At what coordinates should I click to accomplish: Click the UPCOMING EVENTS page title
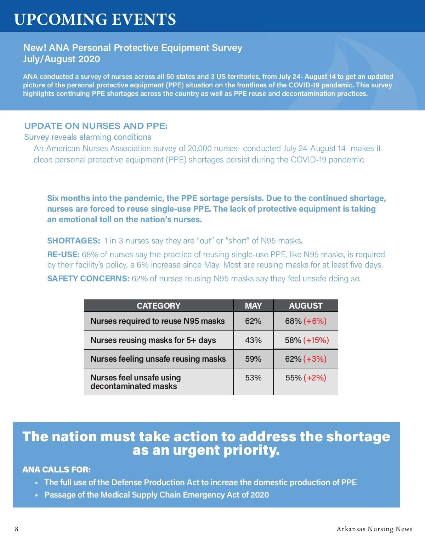[95, 19]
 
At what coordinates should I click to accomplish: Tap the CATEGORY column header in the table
[158, 306]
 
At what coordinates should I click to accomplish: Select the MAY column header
[253, 306]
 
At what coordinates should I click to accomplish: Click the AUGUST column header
[306, 306]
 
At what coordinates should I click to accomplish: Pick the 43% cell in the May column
[253, 340]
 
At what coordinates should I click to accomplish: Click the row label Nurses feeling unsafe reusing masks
[158, 359]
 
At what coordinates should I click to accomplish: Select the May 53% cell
[253, 378]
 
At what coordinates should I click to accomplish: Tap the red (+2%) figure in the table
[315, 378]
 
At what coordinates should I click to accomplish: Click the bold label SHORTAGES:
[74, 241]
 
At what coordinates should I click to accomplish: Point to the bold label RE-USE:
[63, 254]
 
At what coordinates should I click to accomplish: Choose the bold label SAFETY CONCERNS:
[88, 279]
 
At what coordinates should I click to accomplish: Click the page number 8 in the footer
[17, 529]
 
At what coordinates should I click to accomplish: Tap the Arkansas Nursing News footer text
[374, 529]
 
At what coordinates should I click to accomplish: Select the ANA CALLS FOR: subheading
[57, 470]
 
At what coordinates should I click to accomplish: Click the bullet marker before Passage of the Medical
[36, 495]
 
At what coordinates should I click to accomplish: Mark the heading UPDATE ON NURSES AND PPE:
[96, 126]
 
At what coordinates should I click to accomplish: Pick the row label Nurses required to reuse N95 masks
[158, 321]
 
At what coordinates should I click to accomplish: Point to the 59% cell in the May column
[253, 359]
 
